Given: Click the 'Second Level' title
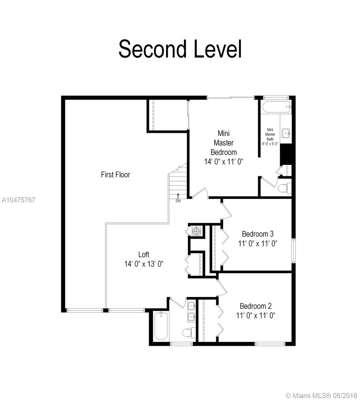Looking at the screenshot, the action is point(180,49).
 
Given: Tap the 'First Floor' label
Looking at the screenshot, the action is point(115,175).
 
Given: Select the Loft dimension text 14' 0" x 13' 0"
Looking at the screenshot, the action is point(144,264).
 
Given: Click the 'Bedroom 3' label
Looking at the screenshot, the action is point(257,234).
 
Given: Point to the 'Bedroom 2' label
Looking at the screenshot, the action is point(255,306).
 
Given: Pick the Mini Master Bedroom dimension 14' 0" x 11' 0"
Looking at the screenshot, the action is point(224,162).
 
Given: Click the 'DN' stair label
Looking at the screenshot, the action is point(178,201).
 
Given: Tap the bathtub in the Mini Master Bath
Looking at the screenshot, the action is point(277,107).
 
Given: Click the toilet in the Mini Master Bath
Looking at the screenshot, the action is point(284,188).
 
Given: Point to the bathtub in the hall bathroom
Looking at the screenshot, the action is point(161,326).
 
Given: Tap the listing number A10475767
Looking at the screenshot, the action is point(18,200).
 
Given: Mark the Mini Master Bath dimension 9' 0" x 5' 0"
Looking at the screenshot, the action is point(270,144).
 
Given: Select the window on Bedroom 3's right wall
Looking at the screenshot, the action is point(294,251).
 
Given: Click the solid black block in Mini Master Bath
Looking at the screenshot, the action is point(286,154).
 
